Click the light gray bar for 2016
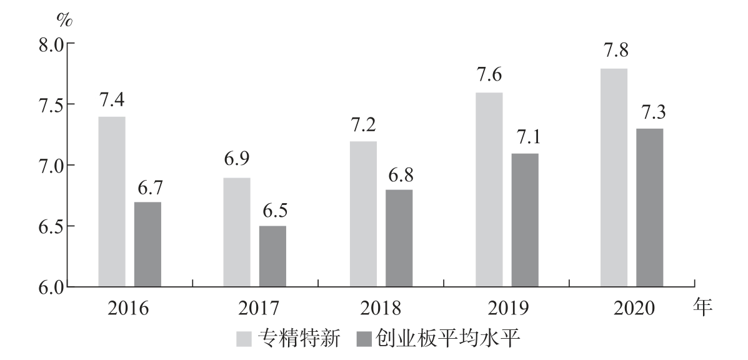pyautogui.click(x=112, y=202)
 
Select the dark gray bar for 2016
pyautogui.click(x=147, y=244)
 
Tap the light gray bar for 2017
pyautogui.click(x=237, y=232)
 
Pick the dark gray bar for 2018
pyautogui.click(x=399, y=238)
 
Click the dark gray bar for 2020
pyautogui.click(x=650, y=207)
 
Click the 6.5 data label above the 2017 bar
pyautogui.click(x=274, y=210)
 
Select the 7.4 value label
pyautogui.click(x=112, y=101)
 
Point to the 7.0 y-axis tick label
pyautogui.click(x=49, y=166)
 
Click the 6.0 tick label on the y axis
pyautogui.click(x=49, y=287)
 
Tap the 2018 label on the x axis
pyautogui.click(x=381, y=309)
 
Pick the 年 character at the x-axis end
pyautogui.click(x=704, y=307)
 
